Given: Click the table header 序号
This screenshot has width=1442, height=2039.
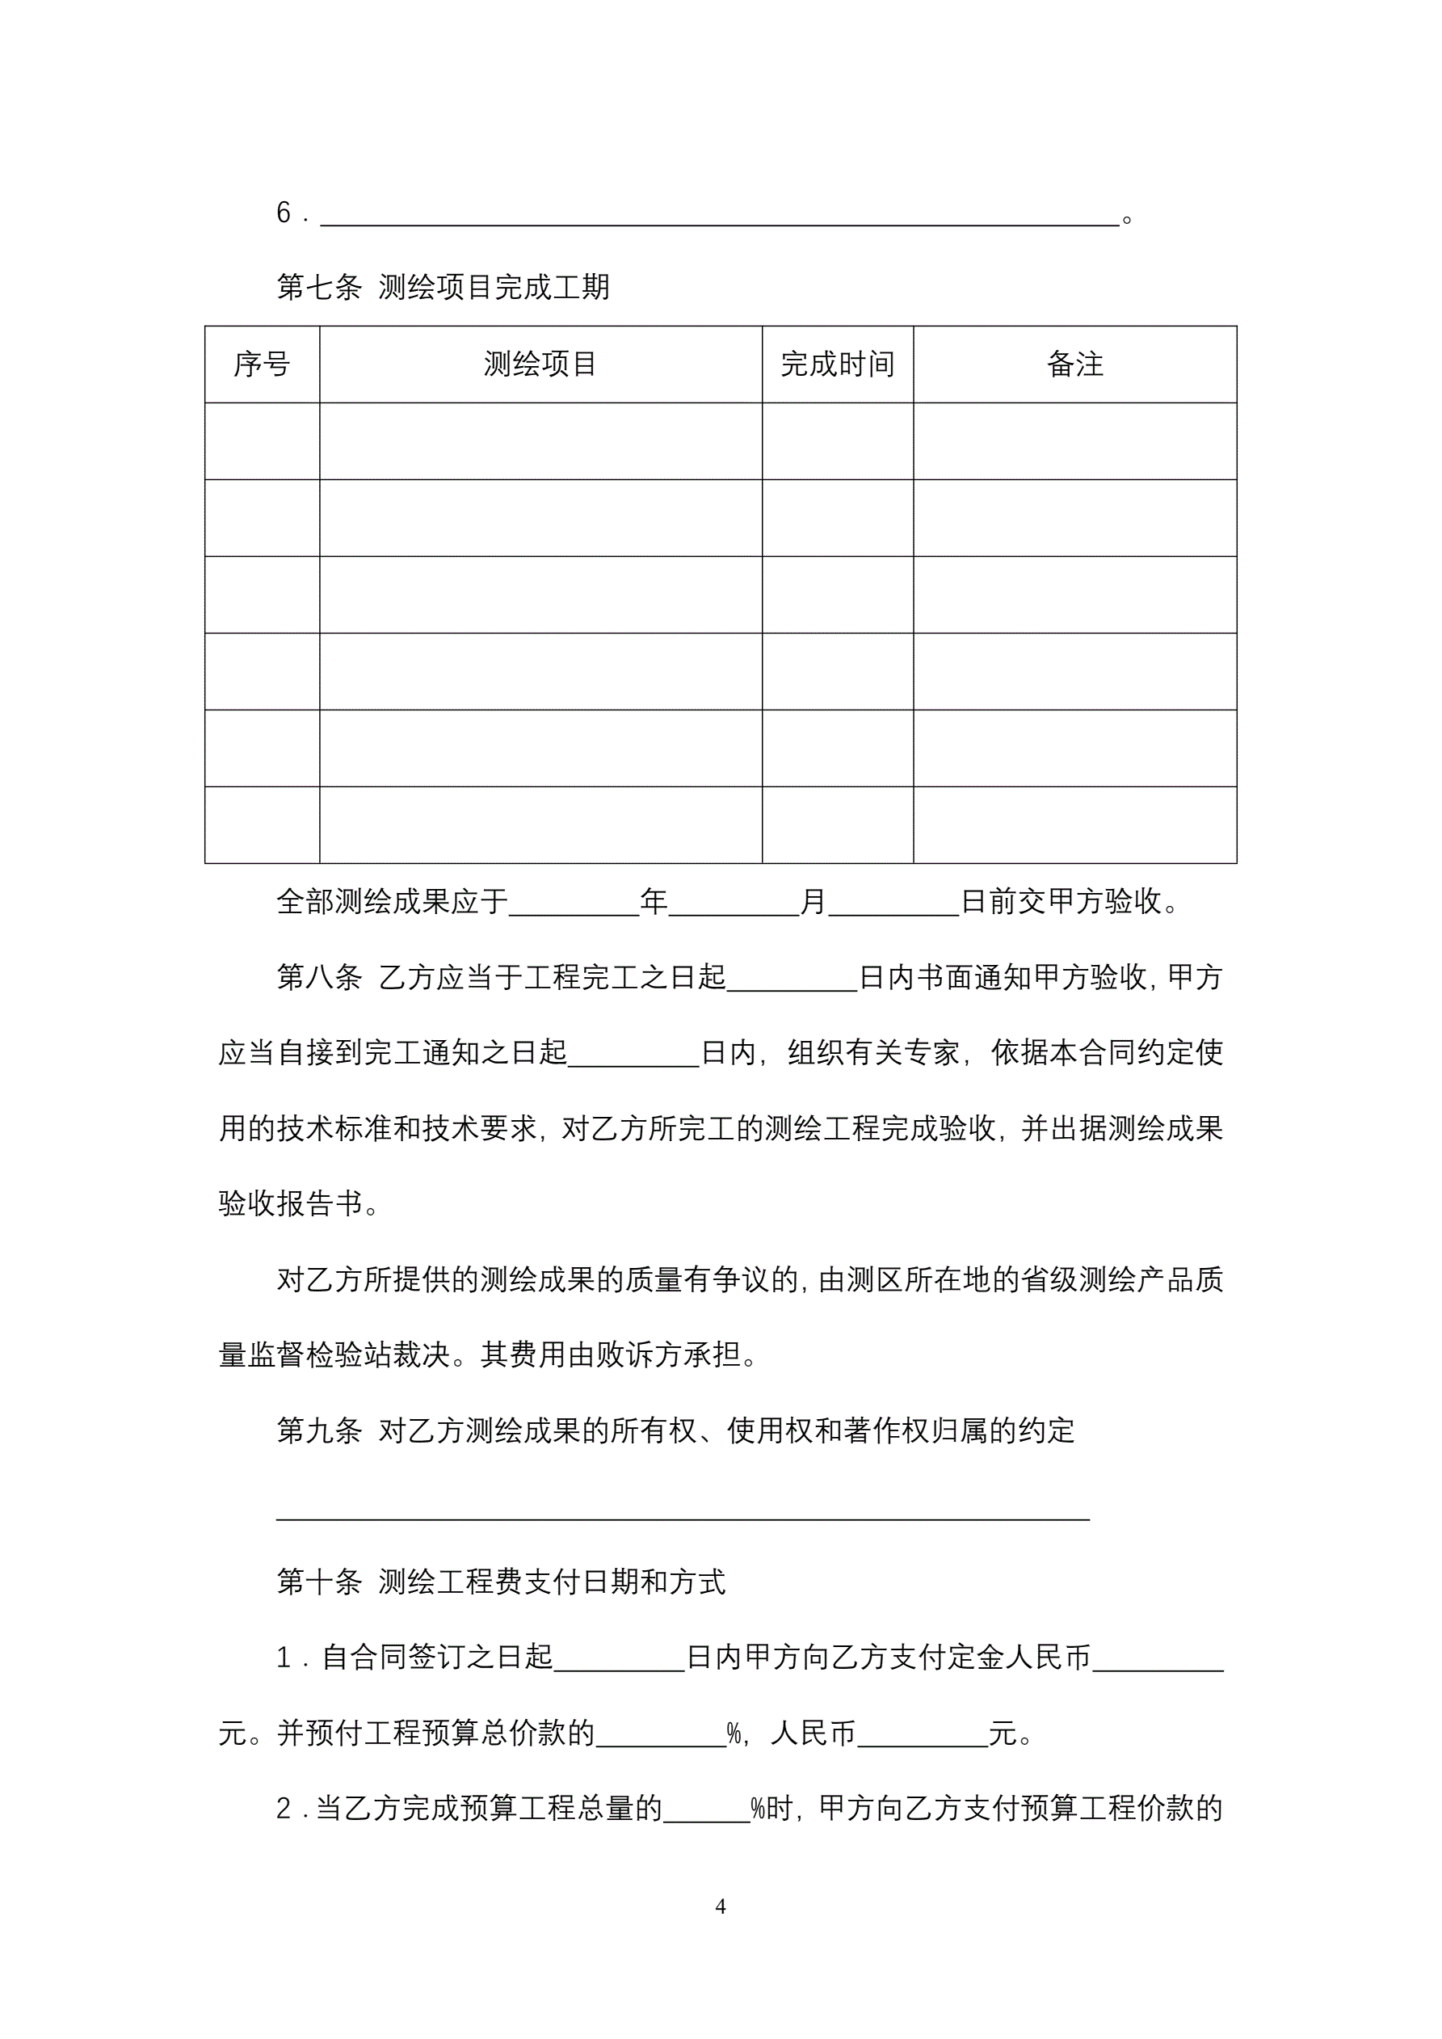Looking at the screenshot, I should pos(262,364).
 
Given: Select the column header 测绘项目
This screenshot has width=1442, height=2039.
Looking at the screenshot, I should pos(540,364).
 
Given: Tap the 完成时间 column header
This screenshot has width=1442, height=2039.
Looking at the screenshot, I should pos(837,364).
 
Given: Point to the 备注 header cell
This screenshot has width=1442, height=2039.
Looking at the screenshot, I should pos(1074,364).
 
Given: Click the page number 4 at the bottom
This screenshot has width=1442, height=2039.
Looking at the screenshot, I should pos(720,1906).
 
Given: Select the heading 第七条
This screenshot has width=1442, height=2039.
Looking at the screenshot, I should pos(320,288).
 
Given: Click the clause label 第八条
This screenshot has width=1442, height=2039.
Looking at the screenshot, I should pos(320,978).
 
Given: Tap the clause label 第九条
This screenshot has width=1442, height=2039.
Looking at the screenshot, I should pos(320,1430).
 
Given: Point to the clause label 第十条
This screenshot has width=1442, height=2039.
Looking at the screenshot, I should pos(320,1582).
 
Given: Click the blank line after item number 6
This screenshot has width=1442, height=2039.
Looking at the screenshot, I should pos(719,217).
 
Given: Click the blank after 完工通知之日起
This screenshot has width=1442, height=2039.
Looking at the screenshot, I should pos(634,1057).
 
